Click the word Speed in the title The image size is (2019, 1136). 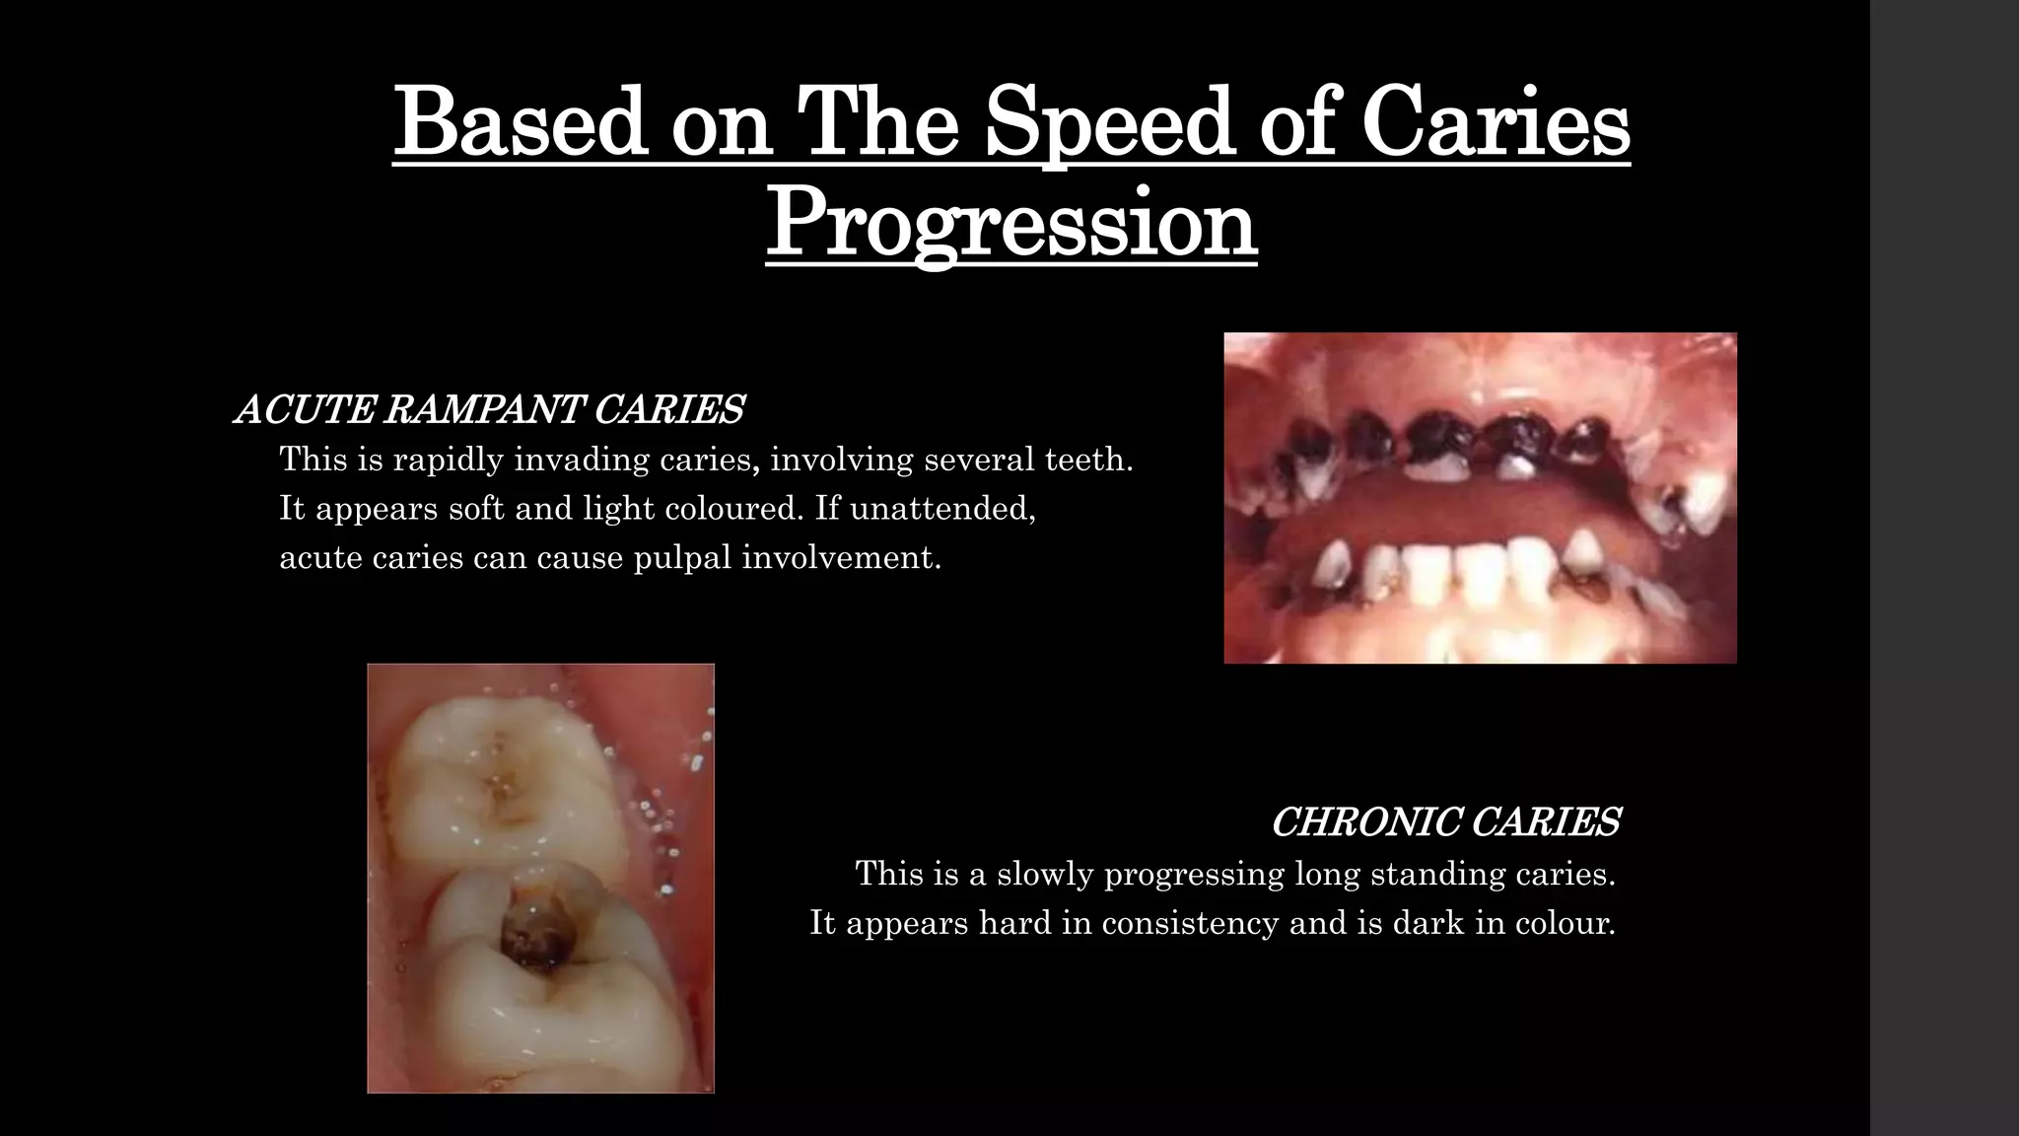coord(1110,124)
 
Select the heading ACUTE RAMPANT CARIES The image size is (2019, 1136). coord(489,409)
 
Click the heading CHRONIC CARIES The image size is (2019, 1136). coord(1444,821)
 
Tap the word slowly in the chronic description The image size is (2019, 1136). coord(1043,874)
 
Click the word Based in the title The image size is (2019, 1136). coord(520,124)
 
